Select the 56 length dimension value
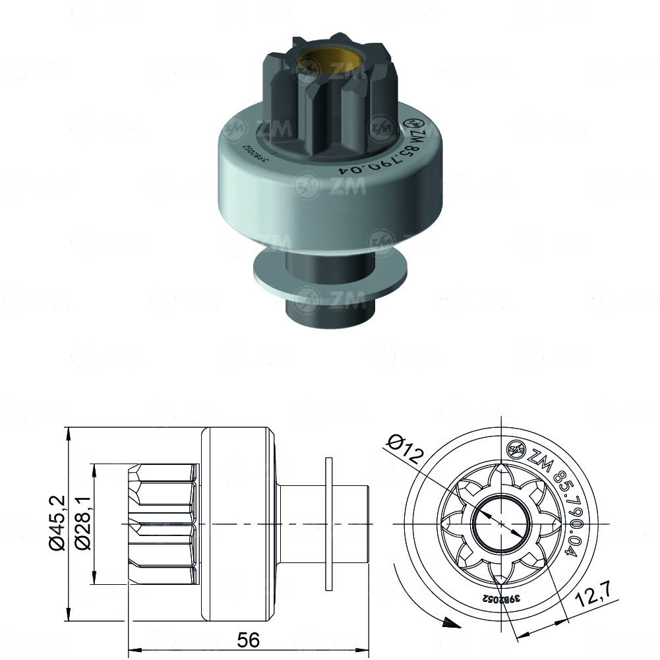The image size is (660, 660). coord(249,639)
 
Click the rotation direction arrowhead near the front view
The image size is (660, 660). coord(448,622)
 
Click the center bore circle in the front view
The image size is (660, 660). coord(501,524)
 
